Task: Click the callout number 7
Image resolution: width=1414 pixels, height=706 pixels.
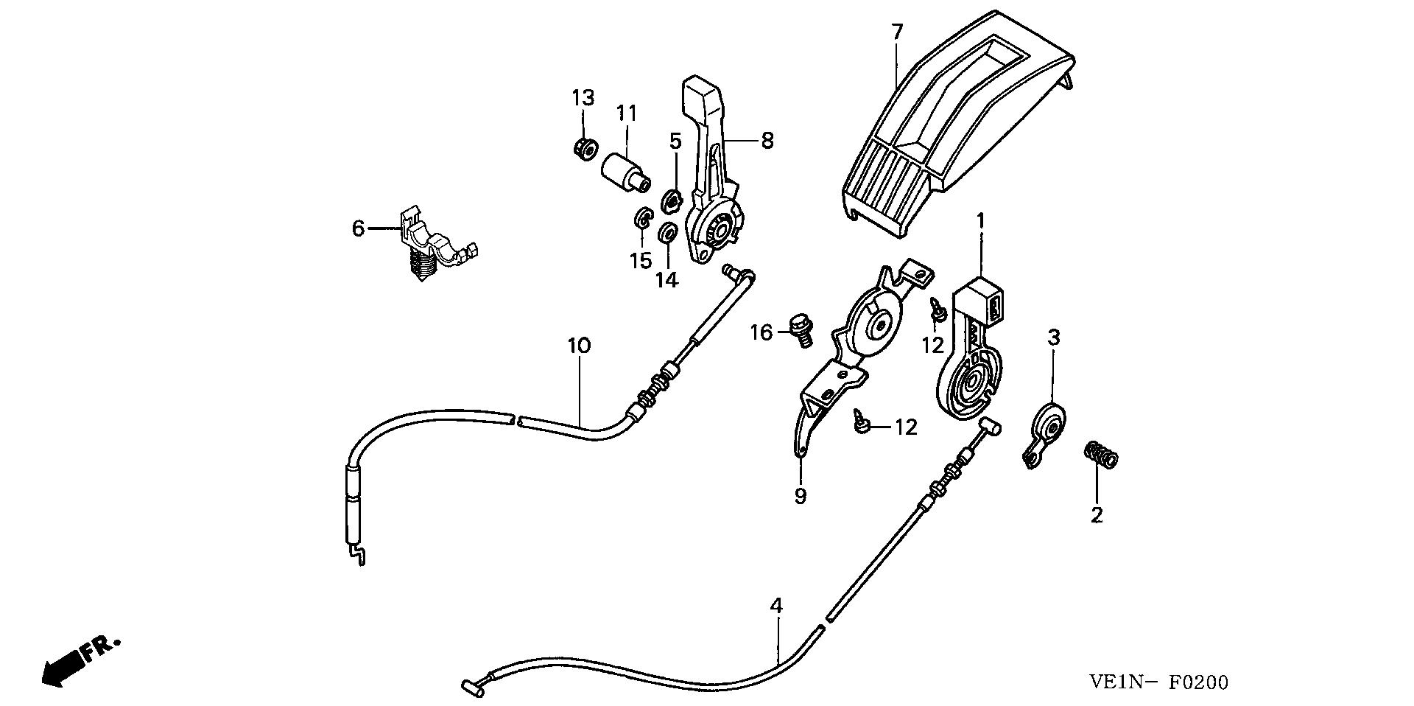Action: (x=896, y=32)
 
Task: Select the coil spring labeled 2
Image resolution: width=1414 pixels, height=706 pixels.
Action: (x=1102, y=455)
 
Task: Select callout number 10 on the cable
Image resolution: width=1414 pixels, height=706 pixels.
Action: (x=580, y=346)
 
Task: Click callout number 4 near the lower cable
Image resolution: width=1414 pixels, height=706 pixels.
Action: (x=775, y=606)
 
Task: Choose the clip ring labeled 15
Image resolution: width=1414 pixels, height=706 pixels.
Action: (x=642, y=219)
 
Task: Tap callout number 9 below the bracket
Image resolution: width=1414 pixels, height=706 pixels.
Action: (x=801, y=496)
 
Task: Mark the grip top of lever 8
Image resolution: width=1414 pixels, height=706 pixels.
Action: (x=701, y=94)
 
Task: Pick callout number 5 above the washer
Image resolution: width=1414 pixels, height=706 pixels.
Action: (x=675, y=141)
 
